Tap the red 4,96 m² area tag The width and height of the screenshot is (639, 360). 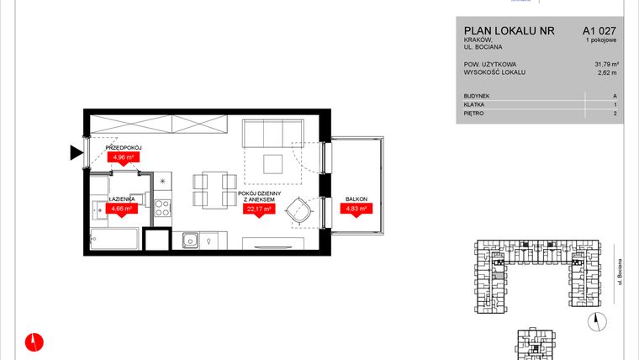[x=122, y=156]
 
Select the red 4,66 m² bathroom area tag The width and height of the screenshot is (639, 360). [x=122, y=209]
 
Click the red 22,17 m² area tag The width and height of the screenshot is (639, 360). [x=259, y=209]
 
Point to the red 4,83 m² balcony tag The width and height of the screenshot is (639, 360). [x=355, y=209]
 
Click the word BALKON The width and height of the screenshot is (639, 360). [x=355, y=199]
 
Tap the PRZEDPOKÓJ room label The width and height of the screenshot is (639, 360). [x=122, y=146]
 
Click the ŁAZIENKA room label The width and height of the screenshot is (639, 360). [x=122, y=199]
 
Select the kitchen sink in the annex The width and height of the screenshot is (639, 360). [x=191, y=241]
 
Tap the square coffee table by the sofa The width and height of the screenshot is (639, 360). [x=272, y=163]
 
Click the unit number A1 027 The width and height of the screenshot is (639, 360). [x=588, y=31]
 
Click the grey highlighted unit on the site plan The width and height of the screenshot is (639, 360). [x=499, y=275]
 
